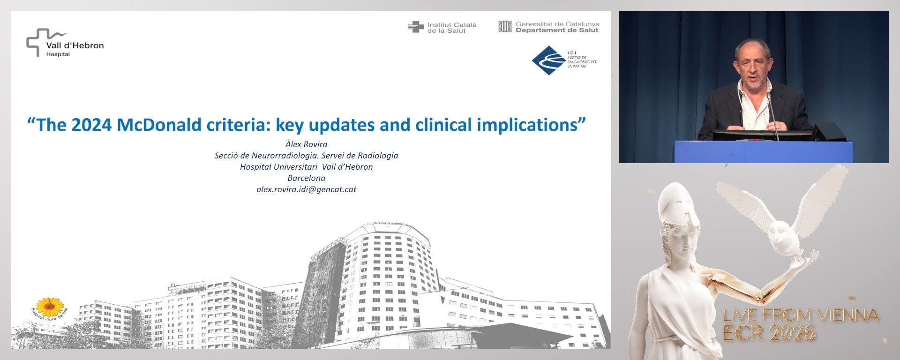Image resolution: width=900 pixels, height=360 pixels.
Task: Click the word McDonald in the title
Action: point(152,125)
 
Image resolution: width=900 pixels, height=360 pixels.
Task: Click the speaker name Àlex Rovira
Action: point(306,144)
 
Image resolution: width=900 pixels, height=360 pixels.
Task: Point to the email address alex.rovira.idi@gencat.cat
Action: point(306,189)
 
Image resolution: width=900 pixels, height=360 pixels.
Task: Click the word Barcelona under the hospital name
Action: point(306,178)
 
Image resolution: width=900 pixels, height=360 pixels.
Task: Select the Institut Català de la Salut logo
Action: point(442,28)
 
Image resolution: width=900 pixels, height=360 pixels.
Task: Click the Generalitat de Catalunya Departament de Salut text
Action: point(557,27)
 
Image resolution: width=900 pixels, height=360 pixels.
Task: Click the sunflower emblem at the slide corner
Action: point(50,307)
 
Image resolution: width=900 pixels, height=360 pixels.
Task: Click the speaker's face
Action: point(753,66)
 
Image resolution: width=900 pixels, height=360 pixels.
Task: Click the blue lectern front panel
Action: point(763,152)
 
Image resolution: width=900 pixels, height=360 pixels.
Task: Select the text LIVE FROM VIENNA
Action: point(800,315)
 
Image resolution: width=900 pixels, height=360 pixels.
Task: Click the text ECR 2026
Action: point(769,333)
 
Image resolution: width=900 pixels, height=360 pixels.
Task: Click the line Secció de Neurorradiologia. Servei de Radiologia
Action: point(306,156)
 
